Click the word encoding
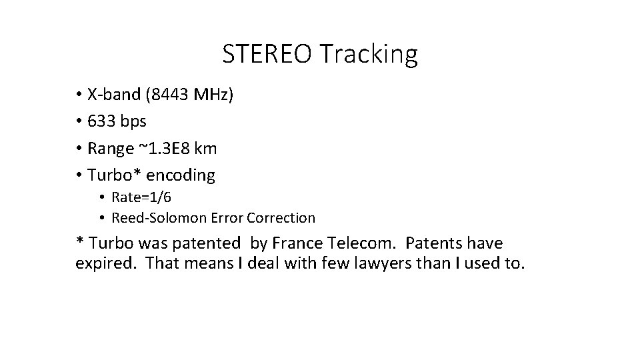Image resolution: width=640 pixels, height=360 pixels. point(182,176)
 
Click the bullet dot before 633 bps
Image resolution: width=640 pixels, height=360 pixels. point(79,122)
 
